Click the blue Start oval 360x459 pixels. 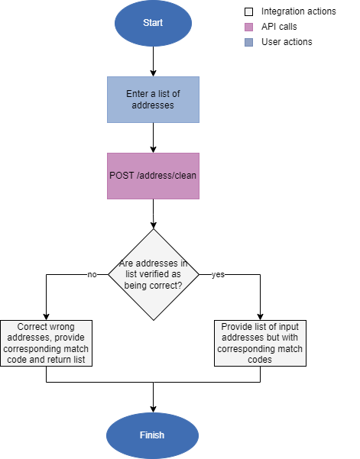pyautogui.click(x=153, y=23)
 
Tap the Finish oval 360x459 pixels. pyautogui.click(x=152, y=435)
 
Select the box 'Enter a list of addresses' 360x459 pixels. pyautogui.click(x=153, y=99)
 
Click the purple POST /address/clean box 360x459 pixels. pyautogui.click(x=153, y=176)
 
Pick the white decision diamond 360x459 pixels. pyautogui.click(x=153, y=274)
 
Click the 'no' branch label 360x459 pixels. pyautogui.click(x=92, y=274)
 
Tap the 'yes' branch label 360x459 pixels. pyautogui.click(x=218, y=274)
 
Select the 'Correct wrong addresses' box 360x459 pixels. pyautogui.click(x=46, y=343)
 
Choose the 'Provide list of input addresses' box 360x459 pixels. pyautogui.click(x=260, y=343)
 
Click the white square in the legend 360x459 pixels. pyautogui.click(x=248, y=12)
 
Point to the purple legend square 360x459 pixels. pyautogui.click(x=248, y=27)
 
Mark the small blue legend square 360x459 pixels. pyautogui.click(x=248, y=43)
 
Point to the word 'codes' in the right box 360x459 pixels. pyautogui.click(x=260, y=360)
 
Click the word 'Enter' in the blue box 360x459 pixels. pyautogui.click(x=138, y=94)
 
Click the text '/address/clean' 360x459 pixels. pyautogui.click(x=167, y=176)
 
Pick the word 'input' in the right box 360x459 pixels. pyautogui.click(x=287, y=327)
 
